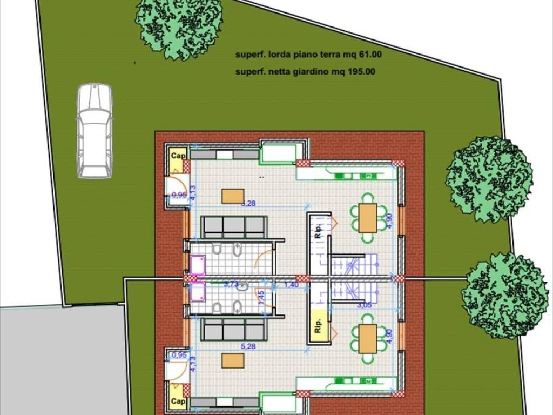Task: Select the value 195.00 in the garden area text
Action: [362, 71]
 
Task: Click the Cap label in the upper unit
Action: [178, 156]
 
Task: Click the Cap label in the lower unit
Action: [178, 401]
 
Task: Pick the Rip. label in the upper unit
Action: [318, 230]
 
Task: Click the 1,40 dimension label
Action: [291, 285]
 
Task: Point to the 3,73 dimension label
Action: [231, 284]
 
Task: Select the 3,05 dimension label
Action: [365, 305]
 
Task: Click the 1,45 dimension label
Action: [261, 298]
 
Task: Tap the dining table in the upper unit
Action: [368, 217]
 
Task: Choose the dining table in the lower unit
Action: [368, 338]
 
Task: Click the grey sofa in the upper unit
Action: [234, 227]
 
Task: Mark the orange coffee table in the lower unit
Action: [233, 360]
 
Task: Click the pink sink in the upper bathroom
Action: [198, 265]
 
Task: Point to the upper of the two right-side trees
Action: [489, 179]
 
